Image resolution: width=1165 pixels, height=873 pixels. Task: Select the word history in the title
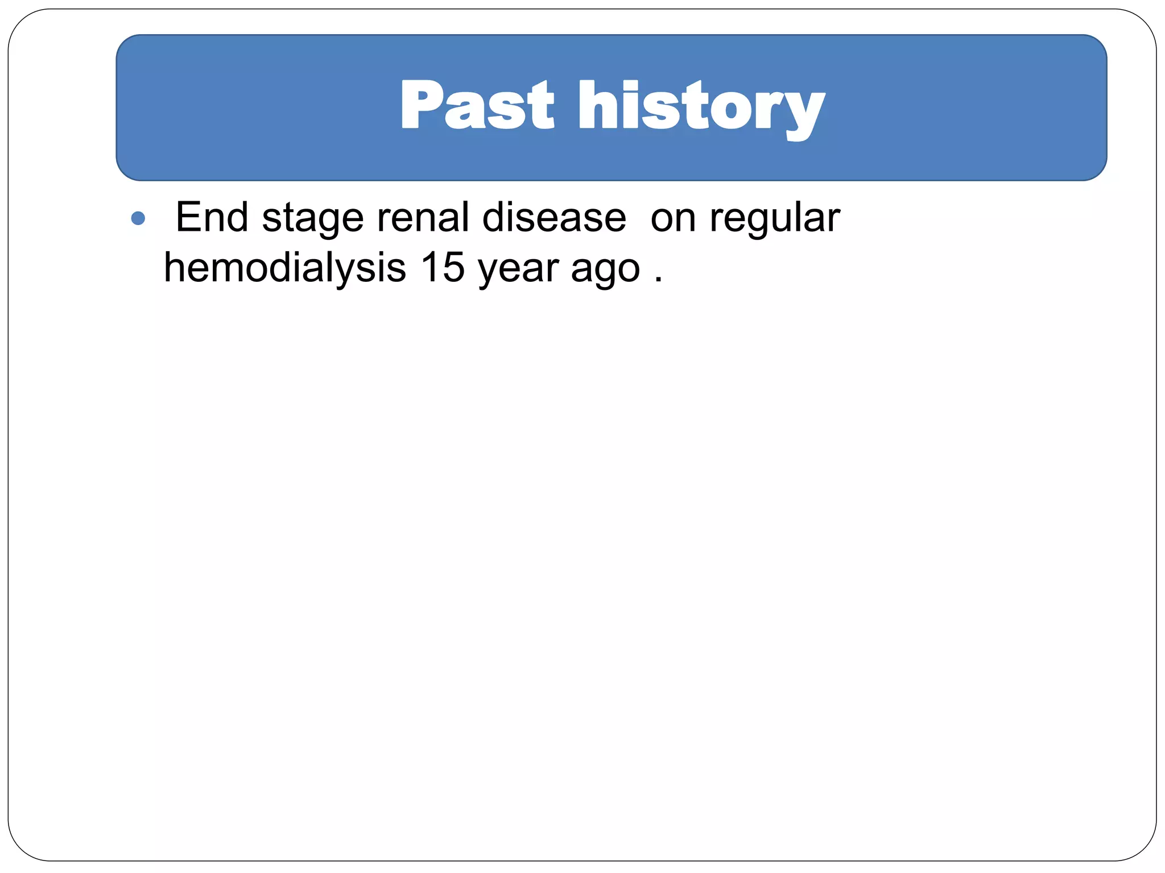coord(701,108)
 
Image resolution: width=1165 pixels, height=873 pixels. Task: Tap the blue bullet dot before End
coord(138,218)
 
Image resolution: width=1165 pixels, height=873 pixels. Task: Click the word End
coord(212,217)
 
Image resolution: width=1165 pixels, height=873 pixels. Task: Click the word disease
coord(553,217)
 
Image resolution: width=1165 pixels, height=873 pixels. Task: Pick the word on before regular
coord(673,219)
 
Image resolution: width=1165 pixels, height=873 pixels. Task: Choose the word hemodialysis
coord(284,268)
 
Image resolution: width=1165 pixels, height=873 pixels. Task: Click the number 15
coord(443,267)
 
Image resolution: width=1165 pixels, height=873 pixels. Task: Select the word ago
coord(605,271)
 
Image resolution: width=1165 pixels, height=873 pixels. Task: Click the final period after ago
coord(658,280)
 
